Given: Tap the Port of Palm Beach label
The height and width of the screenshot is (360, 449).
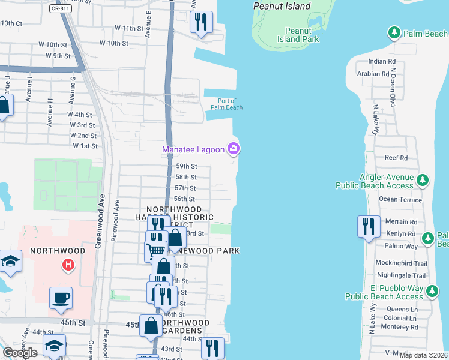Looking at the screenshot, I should tap(226, 104).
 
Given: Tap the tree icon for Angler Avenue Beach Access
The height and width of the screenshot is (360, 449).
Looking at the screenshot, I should tap(423, 179).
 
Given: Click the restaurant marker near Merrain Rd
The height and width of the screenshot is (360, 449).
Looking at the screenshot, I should tap(367, 227).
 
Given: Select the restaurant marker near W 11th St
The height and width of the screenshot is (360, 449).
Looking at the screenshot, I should tap(200, 23).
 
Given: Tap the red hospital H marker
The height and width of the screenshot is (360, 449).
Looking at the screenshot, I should tap(69, 264).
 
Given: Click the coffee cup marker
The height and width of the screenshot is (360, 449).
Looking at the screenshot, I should tap(61, 298).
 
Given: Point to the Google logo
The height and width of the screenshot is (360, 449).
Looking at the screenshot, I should tap(20, 353).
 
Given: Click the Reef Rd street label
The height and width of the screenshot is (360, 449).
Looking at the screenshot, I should tap(396, 158).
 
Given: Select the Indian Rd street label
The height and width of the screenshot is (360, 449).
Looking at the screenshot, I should tap(382, 61).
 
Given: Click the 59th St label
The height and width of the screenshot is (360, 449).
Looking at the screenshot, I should tap(186, 166).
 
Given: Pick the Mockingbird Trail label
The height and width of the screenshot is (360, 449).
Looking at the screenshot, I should tap(400, 263).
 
